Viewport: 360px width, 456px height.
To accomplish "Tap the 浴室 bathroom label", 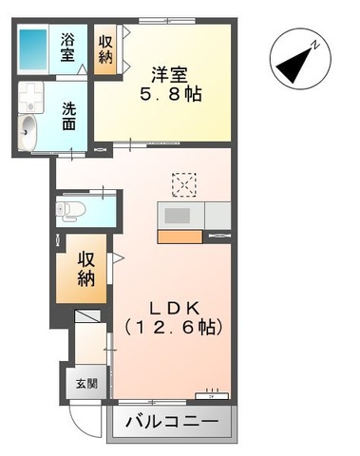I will tap(69, 47).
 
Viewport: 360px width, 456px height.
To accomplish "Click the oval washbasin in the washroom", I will tap(28, 130).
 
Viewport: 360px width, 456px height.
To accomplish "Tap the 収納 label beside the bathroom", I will tap(105, 49).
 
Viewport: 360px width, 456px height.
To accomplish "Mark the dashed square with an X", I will tap(183, 182).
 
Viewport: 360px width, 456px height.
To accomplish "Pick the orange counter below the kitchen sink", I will tap(180, 236).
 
